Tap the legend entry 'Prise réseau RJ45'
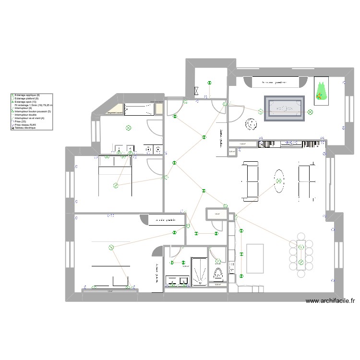coord(25,125)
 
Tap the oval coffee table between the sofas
coord(278,181)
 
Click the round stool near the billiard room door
coord(250,124)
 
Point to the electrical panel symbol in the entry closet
coord(197,90)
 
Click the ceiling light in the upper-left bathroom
coord(128,128)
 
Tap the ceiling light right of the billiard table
coord(310,112)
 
